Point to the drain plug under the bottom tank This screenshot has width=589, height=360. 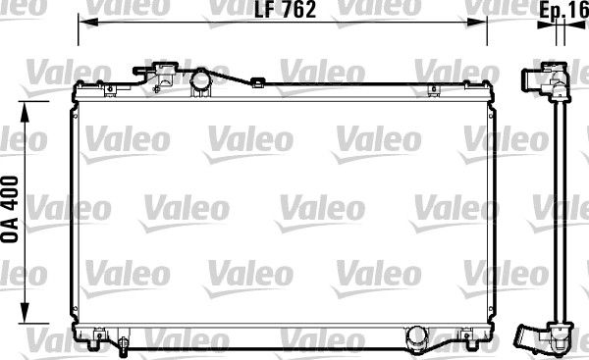click(124, 344)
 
